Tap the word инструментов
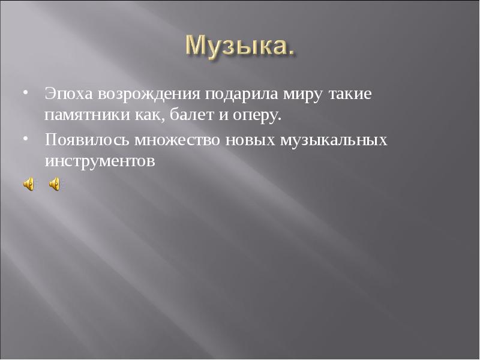click(x=99, y=161)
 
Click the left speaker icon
click(x=29, y=184)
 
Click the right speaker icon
click(x=54, y=184)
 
